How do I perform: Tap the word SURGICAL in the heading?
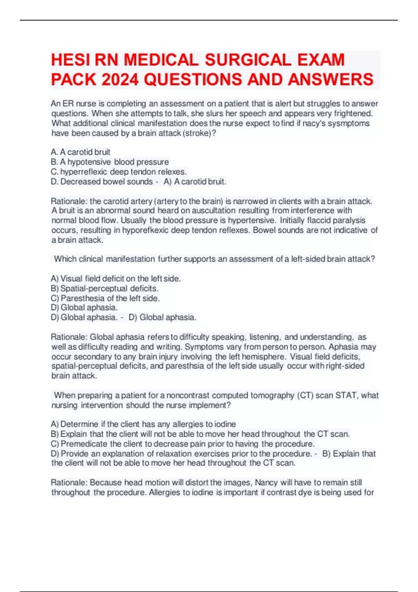248,60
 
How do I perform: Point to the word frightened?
353,114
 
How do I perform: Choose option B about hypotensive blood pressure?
110,162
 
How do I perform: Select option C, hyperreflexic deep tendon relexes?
119,172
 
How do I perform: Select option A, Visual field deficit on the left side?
116,279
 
